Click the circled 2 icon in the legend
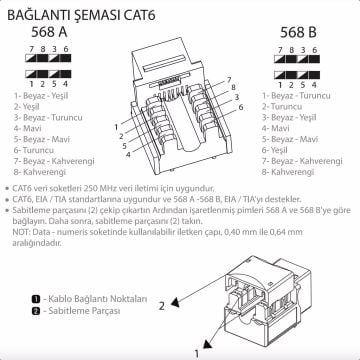(33, 311)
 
